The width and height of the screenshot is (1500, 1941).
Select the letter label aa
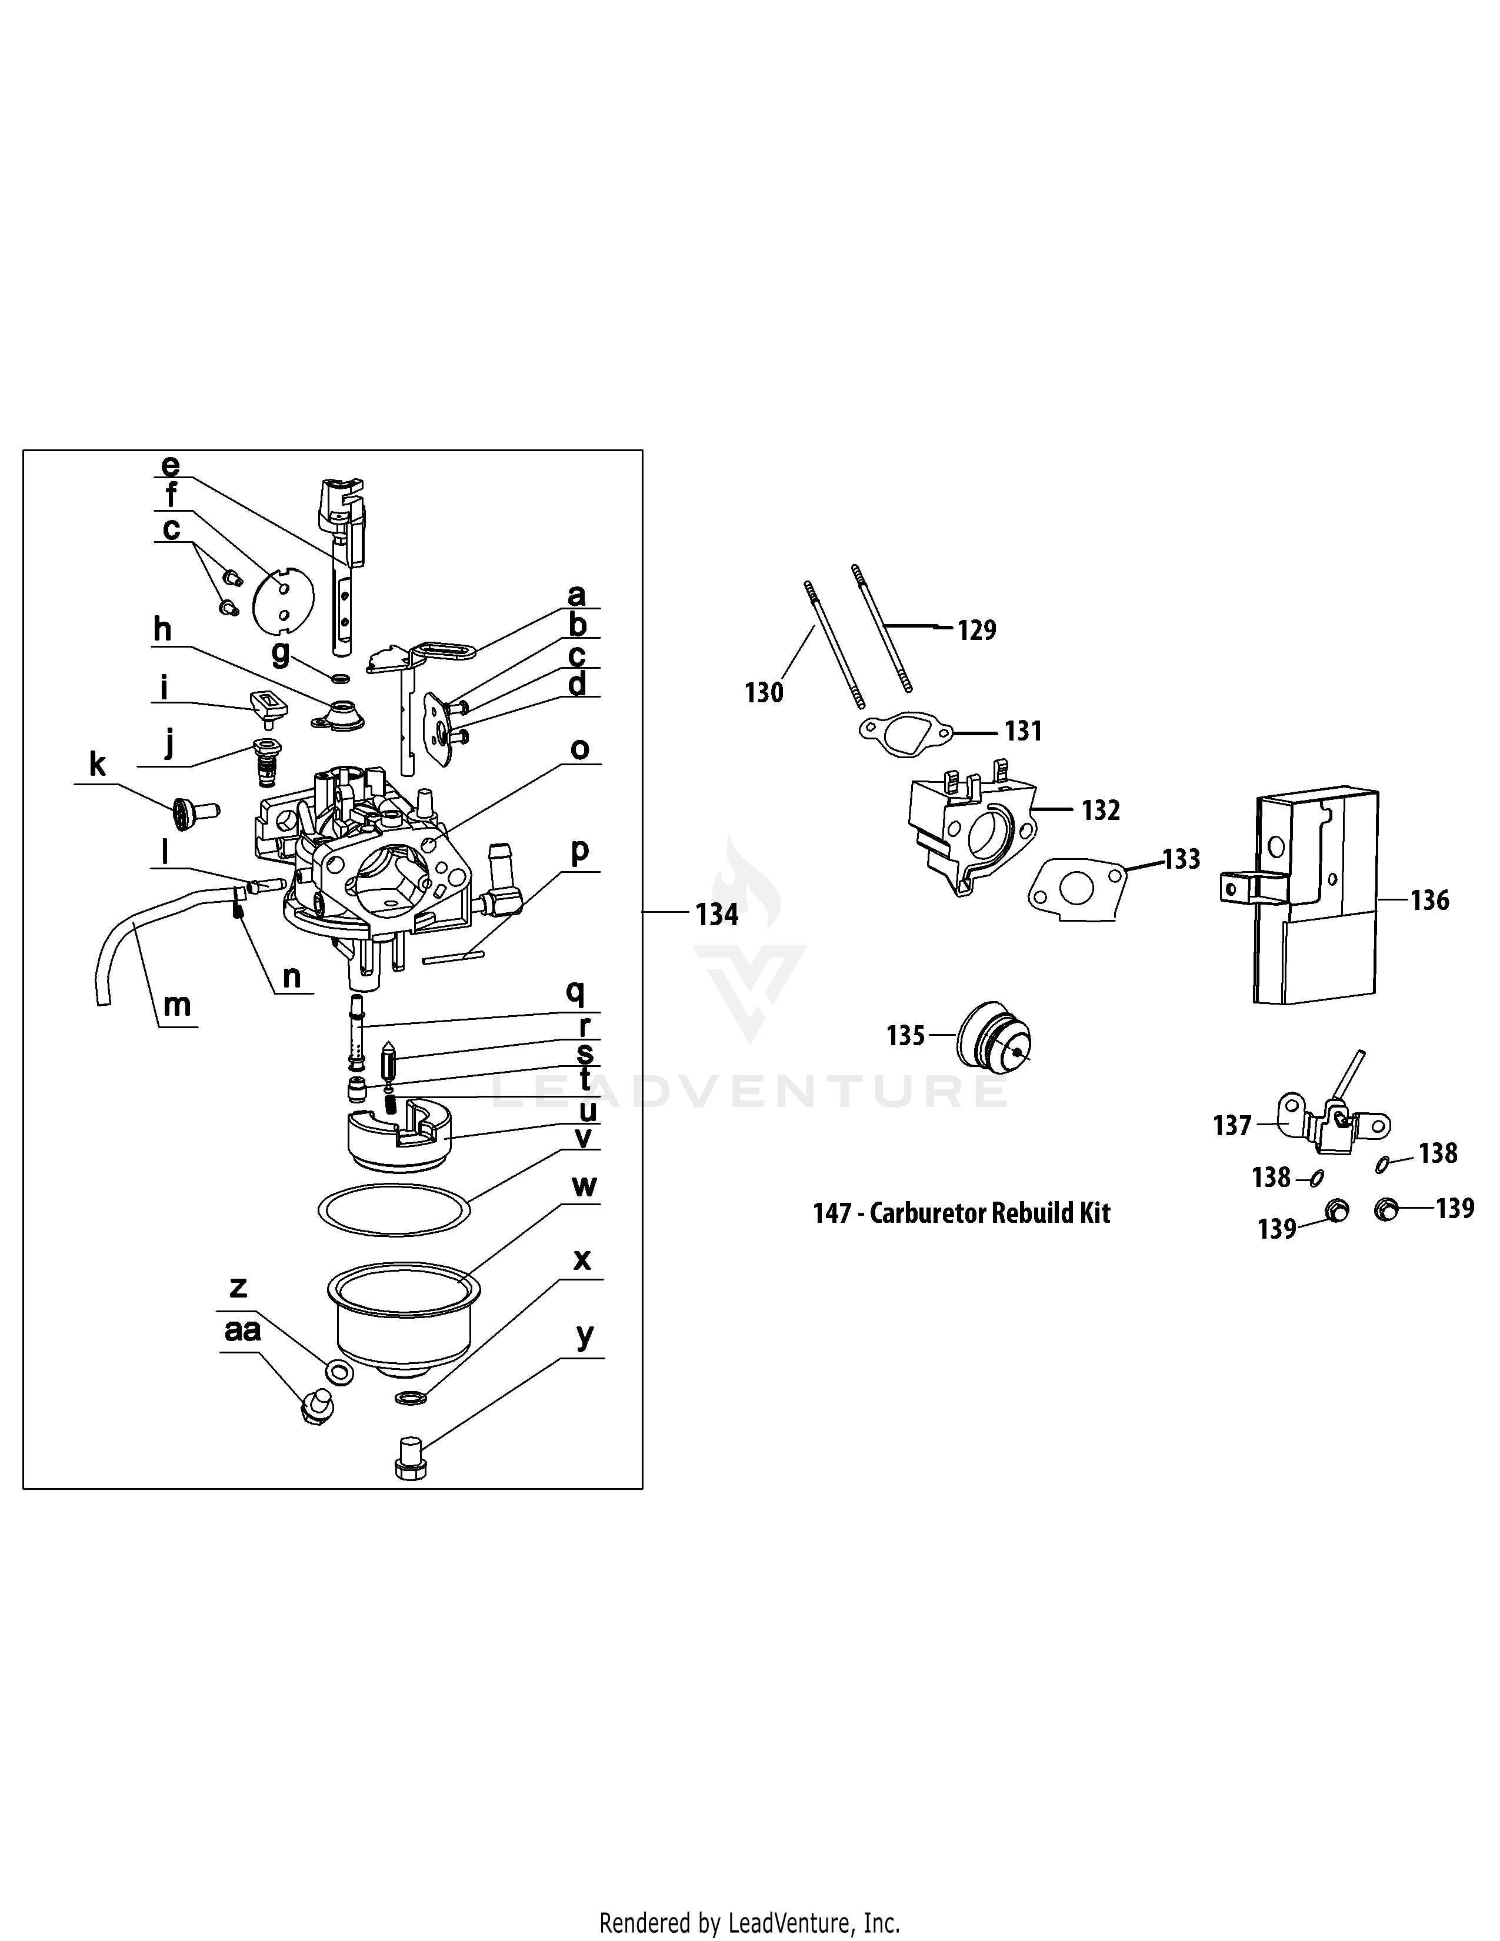[x=242, y=1330]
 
